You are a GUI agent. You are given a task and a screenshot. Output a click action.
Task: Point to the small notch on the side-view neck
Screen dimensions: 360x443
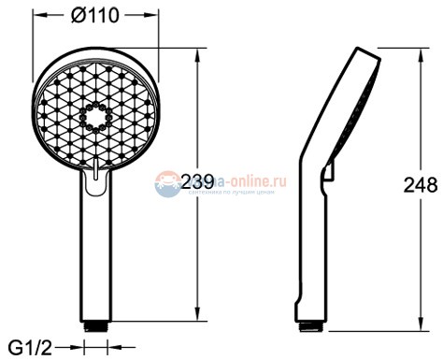[326, 171]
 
